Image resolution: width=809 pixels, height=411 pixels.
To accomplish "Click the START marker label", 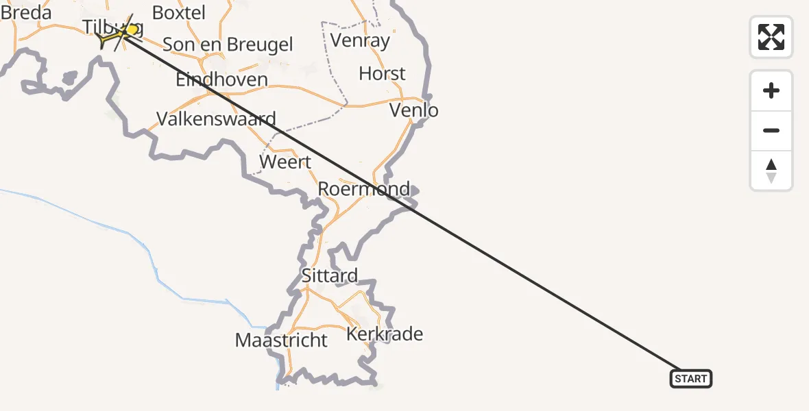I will click(690, 379).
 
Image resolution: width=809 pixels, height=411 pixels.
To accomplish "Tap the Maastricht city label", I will click(281, 340).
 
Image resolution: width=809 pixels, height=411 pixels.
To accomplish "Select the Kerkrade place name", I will click(385, 334).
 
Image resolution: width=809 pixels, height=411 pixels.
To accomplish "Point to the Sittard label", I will click(330, 275).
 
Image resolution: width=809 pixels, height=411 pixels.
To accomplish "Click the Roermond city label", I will click(364, 188).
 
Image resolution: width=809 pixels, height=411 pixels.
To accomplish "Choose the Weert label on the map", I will click(285, 162).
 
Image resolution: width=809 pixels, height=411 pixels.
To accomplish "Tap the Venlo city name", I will click(413, 110).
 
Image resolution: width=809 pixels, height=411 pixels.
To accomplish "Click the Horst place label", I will click(382, 73).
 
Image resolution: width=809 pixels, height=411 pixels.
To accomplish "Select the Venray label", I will click(360, 40).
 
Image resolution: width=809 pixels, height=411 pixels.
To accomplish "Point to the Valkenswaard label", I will click(216, 119).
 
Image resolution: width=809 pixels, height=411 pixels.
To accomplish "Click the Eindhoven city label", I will click(221, 79).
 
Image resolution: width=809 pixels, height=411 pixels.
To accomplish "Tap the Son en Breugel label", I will click(228, 45).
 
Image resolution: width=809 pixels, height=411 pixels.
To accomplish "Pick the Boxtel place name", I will click(178, 12).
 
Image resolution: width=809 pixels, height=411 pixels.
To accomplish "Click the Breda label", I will click(26, 12).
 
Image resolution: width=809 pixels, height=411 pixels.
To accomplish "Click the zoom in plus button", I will click(771, 90).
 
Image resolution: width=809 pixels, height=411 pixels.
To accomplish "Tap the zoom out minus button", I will click(771, 130).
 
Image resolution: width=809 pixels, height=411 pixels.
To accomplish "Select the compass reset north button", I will click(771, 171).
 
